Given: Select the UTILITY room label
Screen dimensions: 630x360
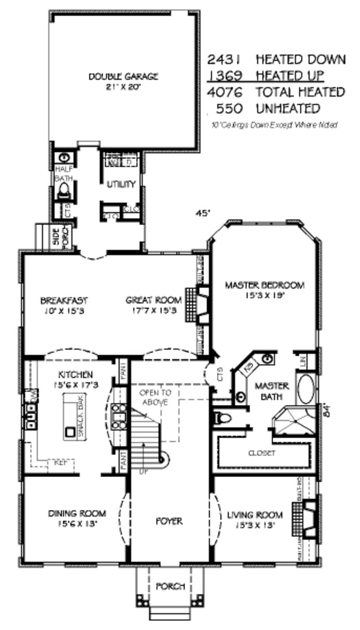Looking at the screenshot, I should [121, 184].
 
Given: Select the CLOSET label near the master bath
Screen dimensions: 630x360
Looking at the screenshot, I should [262, 454].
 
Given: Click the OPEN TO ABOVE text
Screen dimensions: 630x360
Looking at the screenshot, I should [156, 397].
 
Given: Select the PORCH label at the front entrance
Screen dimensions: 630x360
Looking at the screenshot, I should [170, 586].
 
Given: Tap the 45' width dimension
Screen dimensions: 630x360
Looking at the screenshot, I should [203, 212].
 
